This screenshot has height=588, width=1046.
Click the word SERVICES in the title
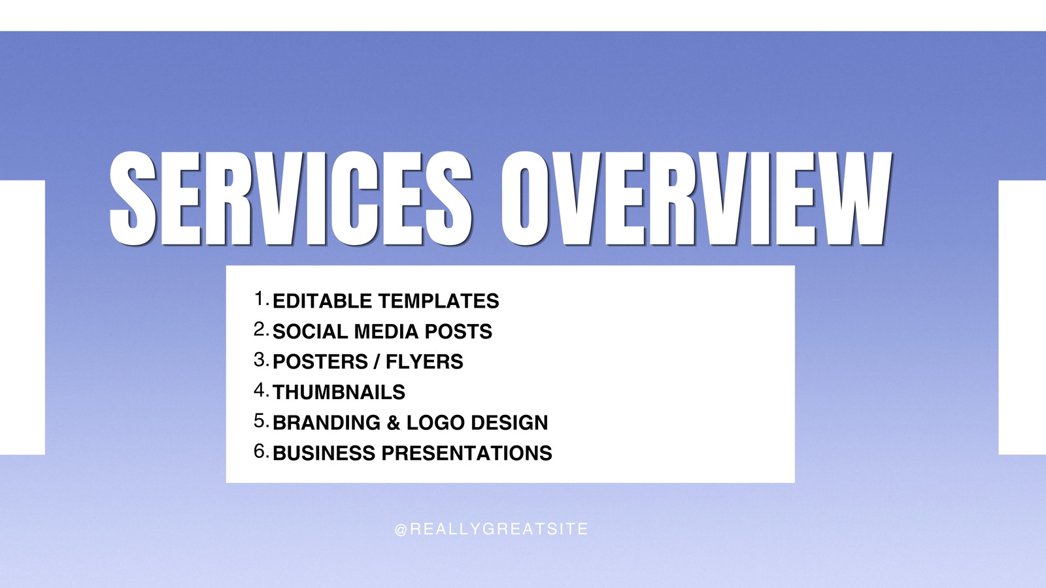(290, 199)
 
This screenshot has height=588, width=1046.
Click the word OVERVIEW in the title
(696, 199)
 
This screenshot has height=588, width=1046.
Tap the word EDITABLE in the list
(322, 301)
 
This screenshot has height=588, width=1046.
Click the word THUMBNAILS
(339, 392)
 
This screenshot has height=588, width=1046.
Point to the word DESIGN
(509, 422)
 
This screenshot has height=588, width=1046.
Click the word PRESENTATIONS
(467, 453)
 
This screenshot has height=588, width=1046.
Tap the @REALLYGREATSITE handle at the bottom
(491, 529)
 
